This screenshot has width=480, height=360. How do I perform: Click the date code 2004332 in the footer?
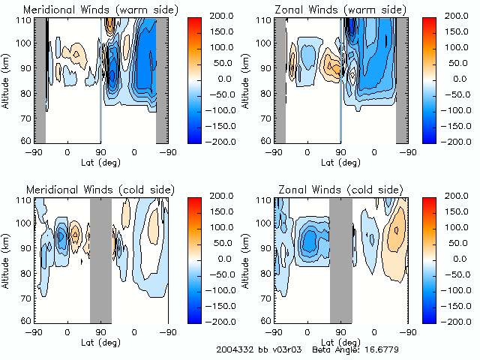(x=234, y=349)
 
